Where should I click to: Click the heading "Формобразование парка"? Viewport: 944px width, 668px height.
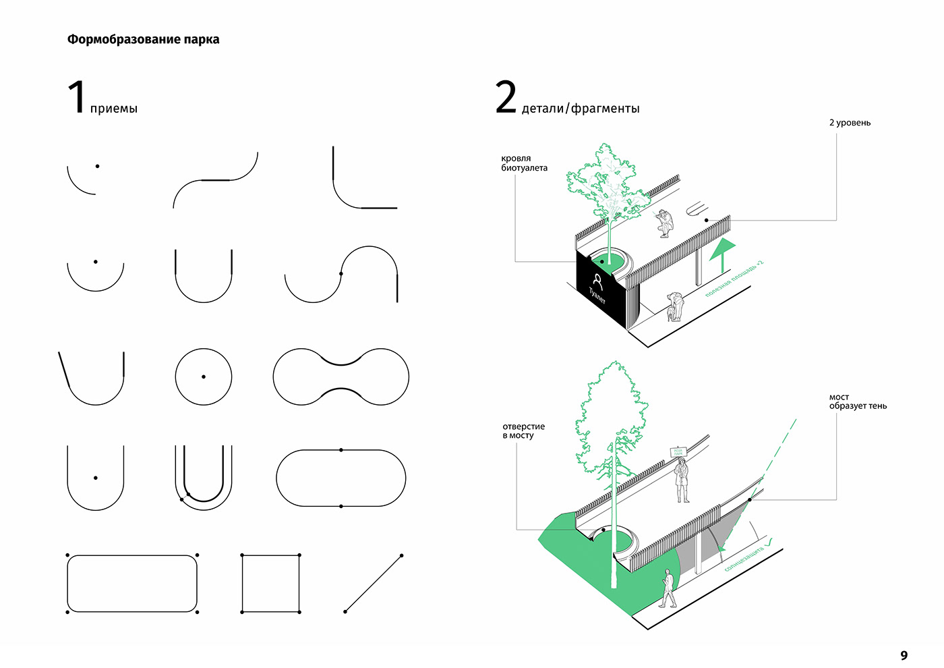coord(143,39)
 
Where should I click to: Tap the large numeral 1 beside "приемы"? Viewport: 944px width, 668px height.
coord(78,96)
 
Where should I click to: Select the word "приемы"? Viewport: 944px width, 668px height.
coord(113,109)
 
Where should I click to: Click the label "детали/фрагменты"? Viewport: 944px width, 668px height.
coord(580,109)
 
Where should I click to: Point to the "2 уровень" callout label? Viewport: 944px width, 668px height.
coord(850,123)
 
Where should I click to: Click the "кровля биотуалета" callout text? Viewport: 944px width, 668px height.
coord(524,163)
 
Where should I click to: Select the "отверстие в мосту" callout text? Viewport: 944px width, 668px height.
coord(523,431)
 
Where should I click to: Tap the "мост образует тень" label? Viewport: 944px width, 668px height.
coord(858,401)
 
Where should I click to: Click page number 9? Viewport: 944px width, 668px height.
coord(904,655)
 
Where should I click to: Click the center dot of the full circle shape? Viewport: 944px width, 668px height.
coord(204,377)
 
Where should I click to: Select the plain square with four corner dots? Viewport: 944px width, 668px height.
coord(270,584)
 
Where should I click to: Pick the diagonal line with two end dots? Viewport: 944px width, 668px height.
coord(373,584)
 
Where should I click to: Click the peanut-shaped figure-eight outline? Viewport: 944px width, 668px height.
coord(341,377)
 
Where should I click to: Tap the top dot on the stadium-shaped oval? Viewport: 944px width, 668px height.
coord(341,450)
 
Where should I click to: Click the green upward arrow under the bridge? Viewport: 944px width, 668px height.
coord(721,250)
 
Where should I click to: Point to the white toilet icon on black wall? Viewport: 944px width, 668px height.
coord(597,280)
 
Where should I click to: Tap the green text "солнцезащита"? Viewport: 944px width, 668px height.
coord(744,559)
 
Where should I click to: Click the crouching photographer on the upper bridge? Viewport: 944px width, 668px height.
coord(664,223)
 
